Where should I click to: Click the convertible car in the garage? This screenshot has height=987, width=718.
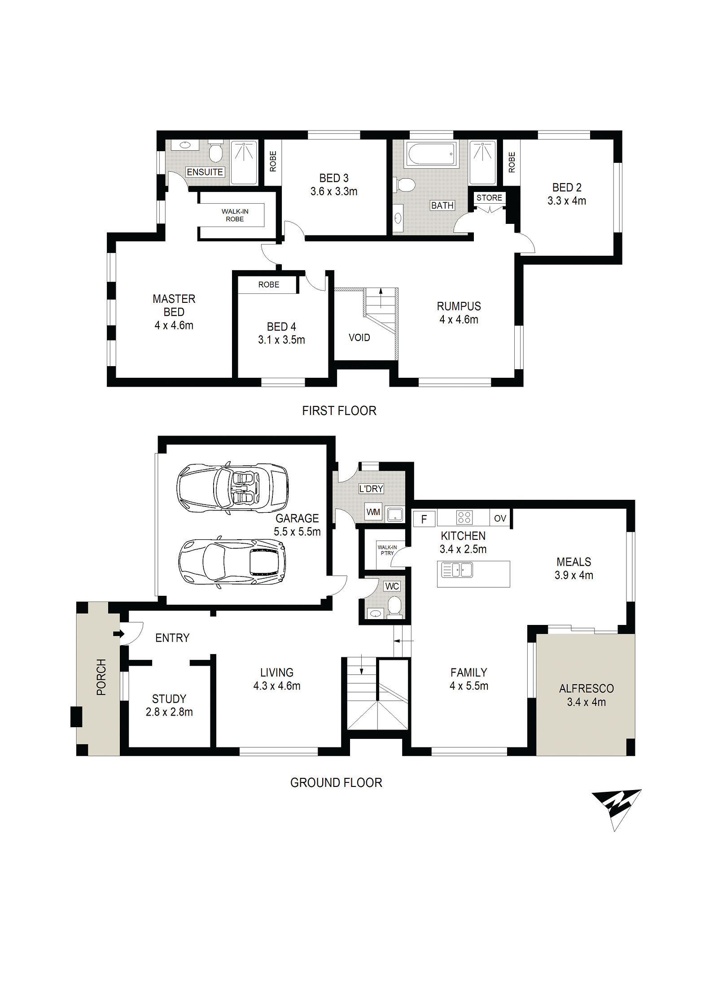232,487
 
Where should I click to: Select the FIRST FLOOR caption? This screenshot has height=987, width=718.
339,411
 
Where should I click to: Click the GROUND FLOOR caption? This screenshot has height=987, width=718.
336,783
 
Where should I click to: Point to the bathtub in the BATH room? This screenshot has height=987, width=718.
432,153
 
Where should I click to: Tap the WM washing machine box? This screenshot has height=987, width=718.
373,512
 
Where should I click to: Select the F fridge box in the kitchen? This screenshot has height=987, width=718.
424,520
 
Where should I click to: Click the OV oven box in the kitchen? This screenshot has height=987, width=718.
500,519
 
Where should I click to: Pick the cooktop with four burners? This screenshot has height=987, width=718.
464,518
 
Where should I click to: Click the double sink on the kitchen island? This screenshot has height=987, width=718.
457,570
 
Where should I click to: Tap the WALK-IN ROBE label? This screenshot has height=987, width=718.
235,215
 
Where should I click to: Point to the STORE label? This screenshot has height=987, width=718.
489,198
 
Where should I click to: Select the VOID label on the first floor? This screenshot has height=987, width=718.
359,337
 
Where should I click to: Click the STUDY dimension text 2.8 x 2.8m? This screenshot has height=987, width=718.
169,712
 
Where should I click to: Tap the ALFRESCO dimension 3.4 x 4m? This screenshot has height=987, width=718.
586,702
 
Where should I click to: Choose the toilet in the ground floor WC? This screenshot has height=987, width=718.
395,606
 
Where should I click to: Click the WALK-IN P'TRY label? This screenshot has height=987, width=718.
387,550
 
